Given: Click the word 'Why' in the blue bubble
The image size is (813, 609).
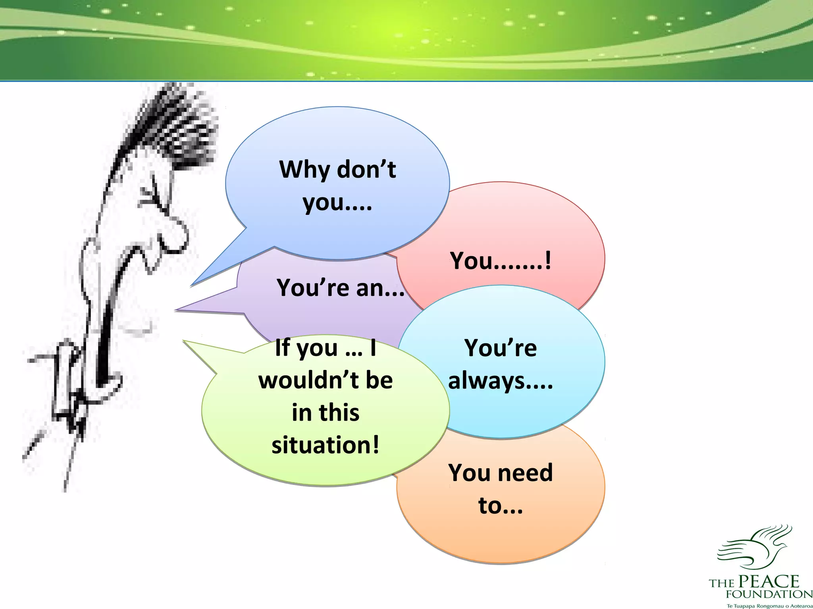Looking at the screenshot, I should pyautogui.click(x=305, y=170).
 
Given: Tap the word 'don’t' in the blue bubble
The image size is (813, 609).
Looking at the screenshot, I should pyautogui.click(x=366, y=170).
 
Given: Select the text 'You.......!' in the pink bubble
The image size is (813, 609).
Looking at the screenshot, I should pyautogui.click(x=500, y=261).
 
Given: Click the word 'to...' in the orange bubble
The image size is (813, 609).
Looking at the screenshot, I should pyautogui.click(x=500, y=506).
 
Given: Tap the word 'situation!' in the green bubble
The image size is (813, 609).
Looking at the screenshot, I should pyautogui.click(x=326, y=445).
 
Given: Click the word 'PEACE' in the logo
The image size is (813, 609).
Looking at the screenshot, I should pyautogui.click(x=769, y=581).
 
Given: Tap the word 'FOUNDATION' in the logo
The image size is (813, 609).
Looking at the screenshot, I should pyautogui.click(x=769, y=594).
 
